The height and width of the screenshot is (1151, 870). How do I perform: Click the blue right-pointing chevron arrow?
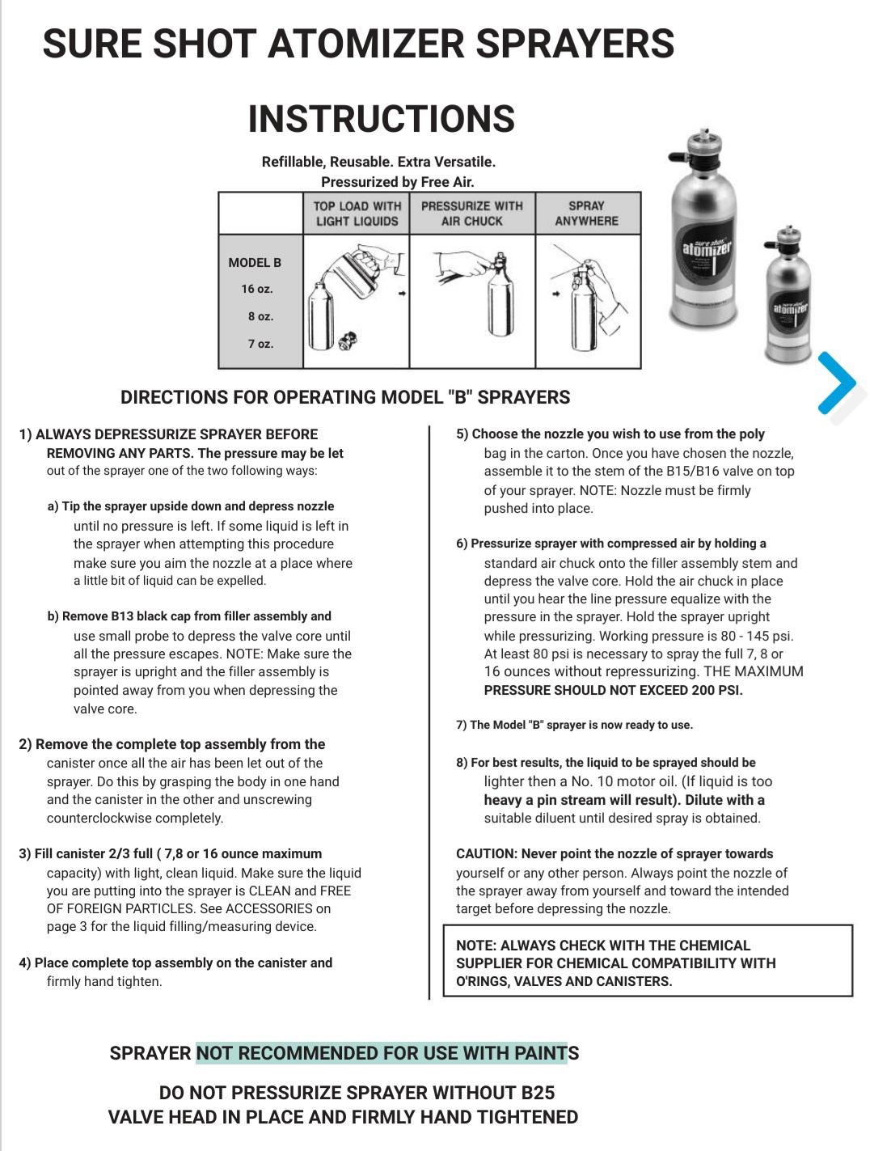pyautogui.click(x=837, y=383)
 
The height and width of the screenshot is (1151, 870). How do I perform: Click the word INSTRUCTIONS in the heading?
pyautogui.click(x=381, y=119)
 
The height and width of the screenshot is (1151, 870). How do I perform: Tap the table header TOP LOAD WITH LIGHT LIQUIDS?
pyautogui.click(x=357, y=214)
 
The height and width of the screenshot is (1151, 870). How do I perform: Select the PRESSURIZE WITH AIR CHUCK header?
pyautogui.click(x=472, y=214)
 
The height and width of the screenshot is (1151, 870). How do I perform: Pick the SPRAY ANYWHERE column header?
pyautogui.click(x=586, y=214)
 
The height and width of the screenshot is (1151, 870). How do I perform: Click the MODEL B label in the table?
pyautogui.click(x=255, y=263)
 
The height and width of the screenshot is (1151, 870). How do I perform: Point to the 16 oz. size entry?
pyautogui.click(x=257, y=289)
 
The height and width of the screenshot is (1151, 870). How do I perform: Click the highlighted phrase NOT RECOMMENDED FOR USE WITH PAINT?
pyautogui.click(x=381, y=1053)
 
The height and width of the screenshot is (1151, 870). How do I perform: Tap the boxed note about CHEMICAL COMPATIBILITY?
pyautogui.click(x=647, y=963)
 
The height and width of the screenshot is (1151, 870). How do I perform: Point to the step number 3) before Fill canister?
pyautogui.click(x=25, y=854)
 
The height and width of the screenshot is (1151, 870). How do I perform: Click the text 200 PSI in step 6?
pyautogui.click(x=717, y=691)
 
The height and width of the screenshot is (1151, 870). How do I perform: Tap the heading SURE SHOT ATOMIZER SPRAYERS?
pyautogui.click(x=358, y=44)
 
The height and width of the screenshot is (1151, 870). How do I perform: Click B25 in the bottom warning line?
pyautogui.click(x=538, y=1093)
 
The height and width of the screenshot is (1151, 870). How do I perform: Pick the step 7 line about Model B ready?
pyautogui.click(x=574, y=726)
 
